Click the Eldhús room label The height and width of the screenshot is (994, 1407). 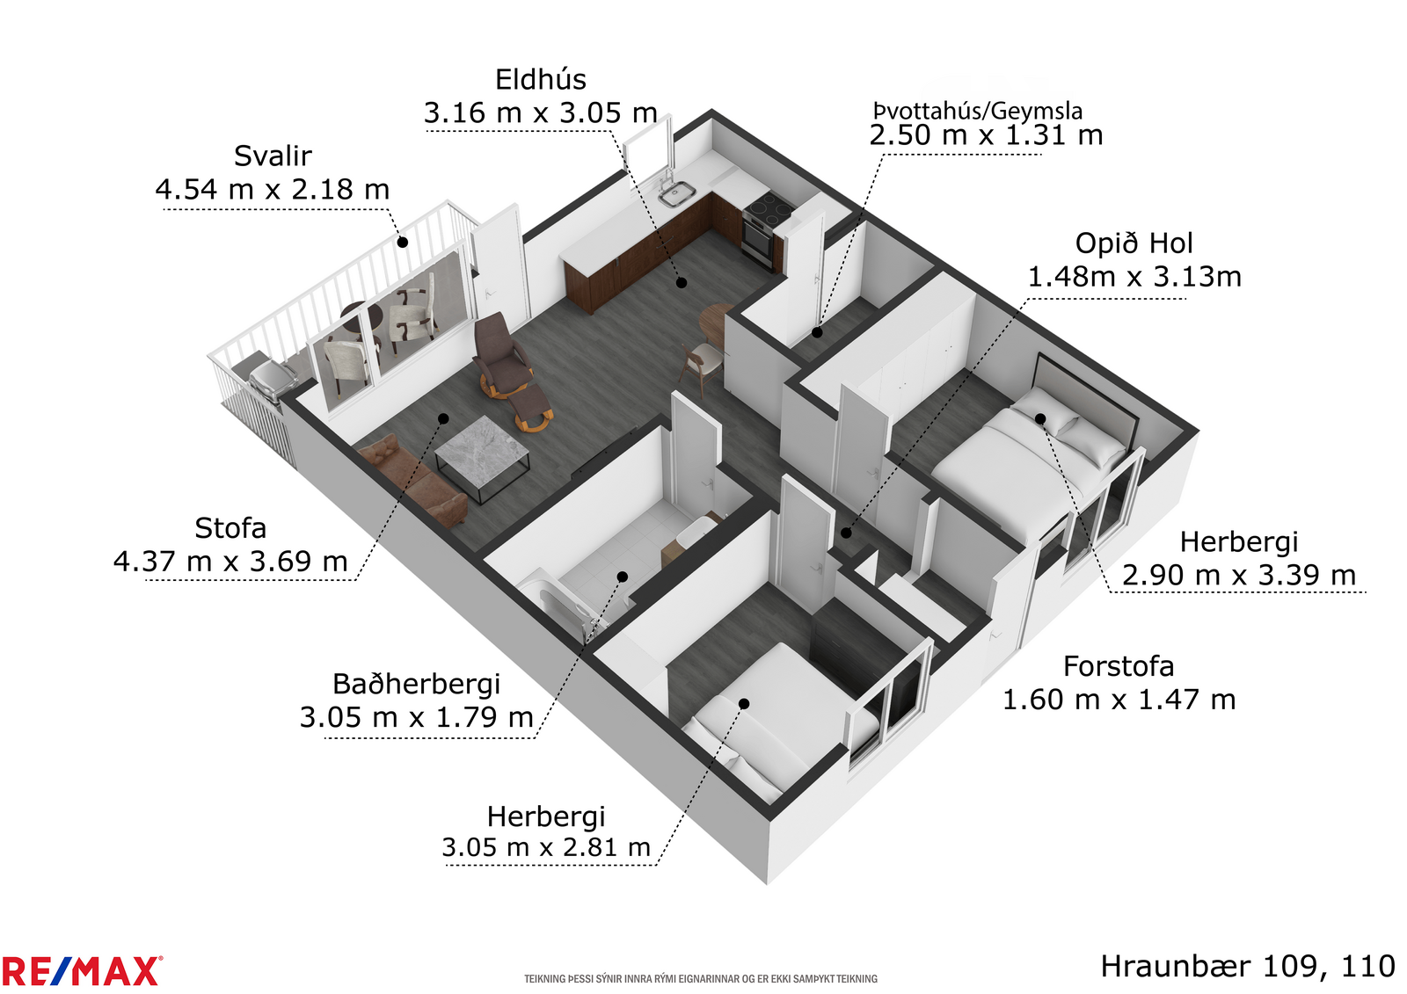click(540, 80)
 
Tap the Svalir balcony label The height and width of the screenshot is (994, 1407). click(273, 156)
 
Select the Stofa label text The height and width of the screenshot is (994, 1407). click(230, 528)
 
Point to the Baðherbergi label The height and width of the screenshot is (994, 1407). click(416, 684)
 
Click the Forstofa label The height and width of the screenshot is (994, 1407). click(1118, 666)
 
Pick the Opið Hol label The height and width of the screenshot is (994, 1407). click(1134, 243)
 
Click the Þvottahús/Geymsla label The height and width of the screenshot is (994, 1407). click(977, 111)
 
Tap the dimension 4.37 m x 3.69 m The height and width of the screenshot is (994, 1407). click(230, 562)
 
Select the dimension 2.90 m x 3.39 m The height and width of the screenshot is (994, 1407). click(1239, 575)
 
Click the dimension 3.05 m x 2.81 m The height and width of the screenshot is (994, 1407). click(546, 848)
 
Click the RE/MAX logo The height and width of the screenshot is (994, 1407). click(82, 971)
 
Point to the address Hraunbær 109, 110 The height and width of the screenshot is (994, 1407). click(1248, 967)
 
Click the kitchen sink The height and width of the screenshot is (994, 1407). click(677, 193)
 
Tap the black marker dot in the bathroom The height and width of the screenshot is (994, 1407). click(623, 577)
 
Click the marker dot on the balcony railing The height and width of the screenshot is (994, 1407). click(402, 242)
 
